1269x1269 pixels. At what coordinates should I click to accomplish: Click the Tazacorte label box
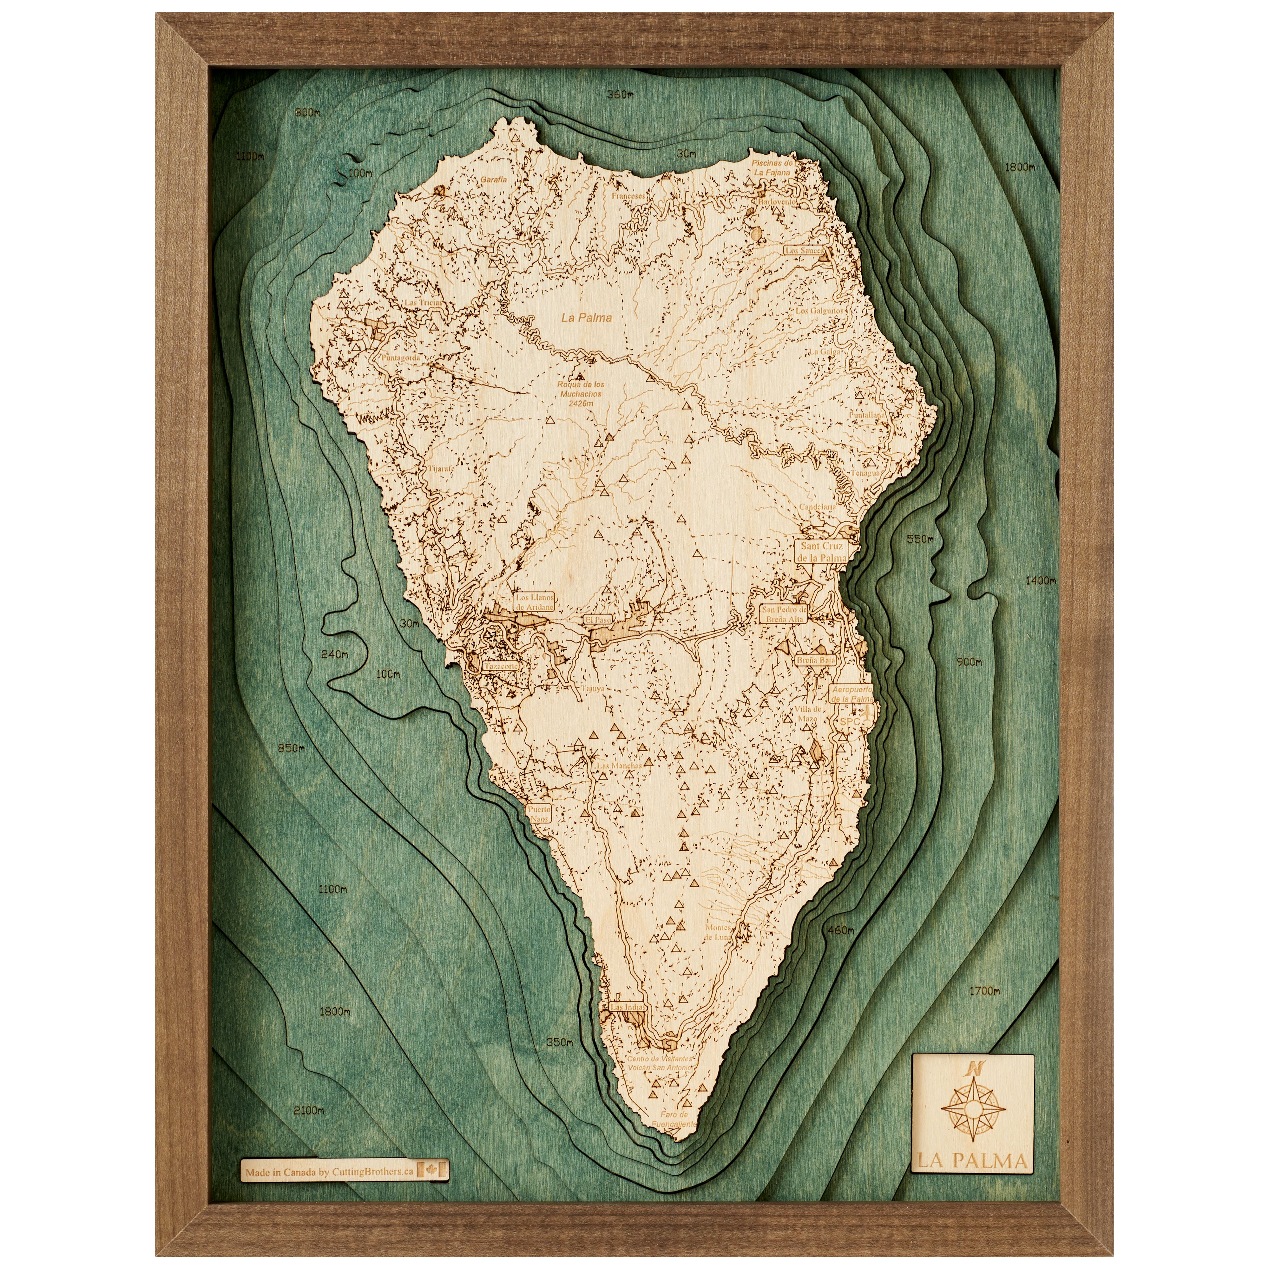[501, 665]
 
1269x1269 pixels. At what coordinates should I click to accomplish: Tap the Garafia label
[493, 179]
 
